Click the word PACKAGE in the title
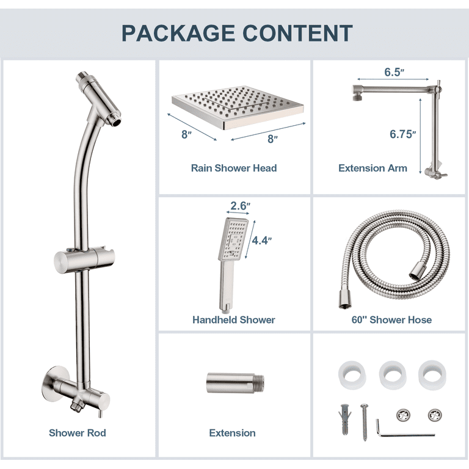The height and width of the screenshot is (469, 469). click(x=178, y=33)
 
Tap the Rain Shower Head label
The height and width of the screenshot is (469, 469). click(x=234, y=168)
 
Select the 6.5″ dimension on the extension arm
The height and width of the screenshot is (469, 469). click(x=394, y=72)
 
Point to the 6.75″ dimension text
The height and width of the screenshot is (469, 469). click(x=402, y=134)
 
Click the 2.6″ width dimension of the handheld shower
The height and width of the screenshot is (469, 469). click(x=240, y=206)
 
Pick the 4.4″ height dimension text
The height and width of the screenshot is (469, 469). click(x=262, y=240)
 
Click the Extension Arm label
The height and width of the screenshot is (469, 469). click(x=373, y=168)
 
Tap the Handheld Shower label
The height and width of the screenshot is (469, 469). click(x=234, y=320)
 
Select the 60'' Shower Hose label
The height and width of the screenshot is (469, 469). click(x=391, y=320)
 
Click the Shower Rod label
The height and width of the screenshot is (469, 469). click(x=78, y=433)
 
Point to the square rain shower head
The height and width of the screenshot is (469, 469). click(x=238, y=107)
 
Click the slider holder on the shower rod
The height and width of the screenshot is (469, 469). click(x=84, y=260)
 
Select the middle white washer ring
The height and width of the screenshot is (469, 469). click(x=393, y=375)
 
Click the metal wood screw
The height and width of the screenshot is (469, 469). click(x=365, y=422)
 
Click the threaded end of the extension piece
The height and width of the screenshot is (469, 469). click(x=259, y=383)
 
